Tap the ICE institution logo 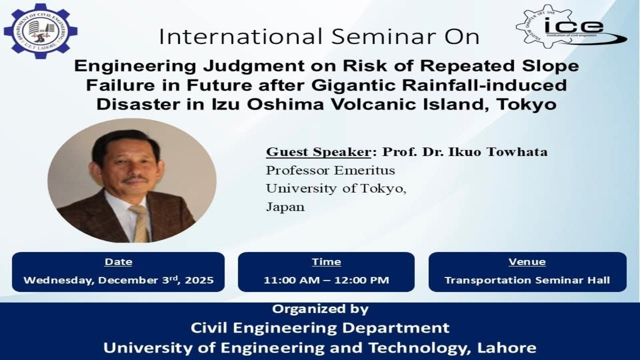570,27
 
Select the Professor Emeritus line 330,170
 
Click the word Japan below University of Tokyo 285,206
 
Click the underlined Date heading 118,261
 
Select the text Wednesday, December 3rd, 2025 118,280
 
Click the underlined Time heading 326,261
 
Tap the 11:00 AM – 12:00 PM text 326,280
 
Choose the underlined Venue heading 527,261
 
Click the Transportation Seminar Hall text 527,280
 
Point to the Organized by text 320,309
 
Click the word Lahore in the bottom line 506,347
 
